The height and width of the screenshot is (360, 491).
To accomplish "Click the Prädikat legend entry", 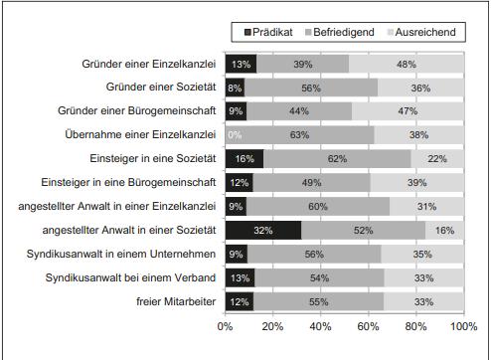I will pos(265,33).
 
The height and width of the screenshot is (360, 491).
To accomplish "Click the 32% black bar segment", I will pos(262,231).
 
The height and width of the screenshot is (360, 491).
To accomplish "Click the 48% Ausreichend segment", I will pos(407,64).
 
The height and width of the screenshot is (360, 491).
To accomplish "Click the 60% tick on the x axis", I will pos(368,324).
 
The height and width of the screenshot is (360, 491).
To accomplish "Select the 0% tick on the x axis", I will pos(226,324).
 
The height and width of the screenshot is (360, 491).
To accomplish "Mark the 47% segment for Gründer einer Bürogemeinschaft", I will pos(408,111).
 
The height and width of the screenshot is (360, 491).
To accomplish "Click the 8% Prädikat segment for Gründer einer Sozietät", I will pos(235,88).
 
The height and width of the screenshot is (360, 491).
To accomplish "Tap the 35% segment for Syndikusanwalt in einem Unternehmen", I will pos(422,255).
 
